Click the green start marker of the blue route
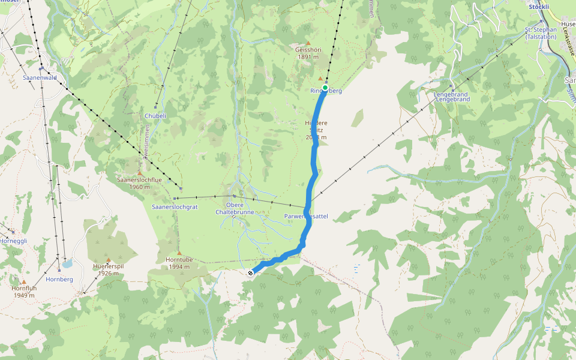pyautogui.click(x=325, y=88)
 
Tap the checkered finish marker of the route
pyautogui.click(x=250, y=273)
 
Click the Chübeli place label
pyautogui.click(x=155, y=115)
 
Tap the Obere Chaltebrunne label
pyautogui.click(x=235, y=208)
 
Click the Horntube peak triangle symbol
pyautogui.click(x=179, y=253)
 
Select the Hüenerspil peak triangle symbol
pyautogui.click(x=109, y=260)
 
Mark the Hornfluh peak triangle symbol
pyautogui.click(x=24, y=281)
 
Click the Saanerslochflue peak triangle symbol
pyautogui.click(x=140, y=173)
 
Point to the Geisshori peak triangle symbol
pyautogui.click(x=308, y=43)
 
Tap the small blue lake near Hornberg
pyautogui.click(x=68, y=263)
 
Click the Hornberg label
pyautogui.click(x=59, y=279)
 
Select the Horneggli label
pyautogui.click(x=13, y=241)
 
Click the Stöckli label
pyautogui.click(x=539, y=7)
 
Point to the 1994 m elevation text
pyautogui.click(x=179, y=266)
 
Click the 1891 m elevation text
pyautogui.click(x=308, y=57)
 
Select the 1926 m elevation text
pyautogui.click(x=109, y=274)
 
